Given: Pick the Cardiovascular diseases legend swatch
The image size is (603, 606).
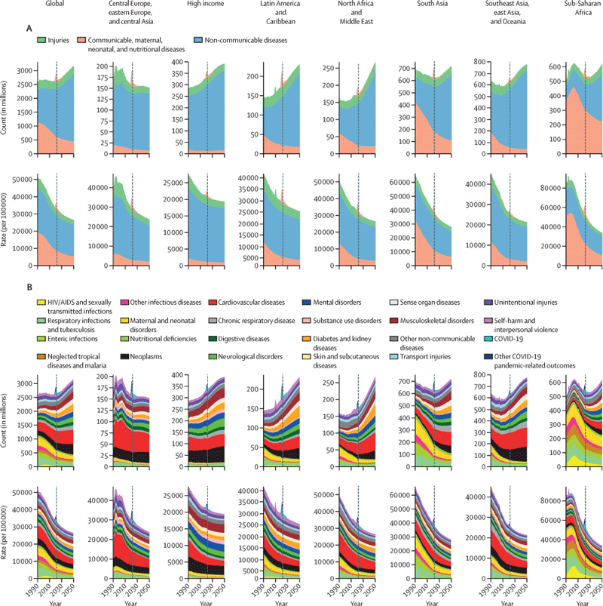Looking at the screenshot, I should point(213,303).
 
